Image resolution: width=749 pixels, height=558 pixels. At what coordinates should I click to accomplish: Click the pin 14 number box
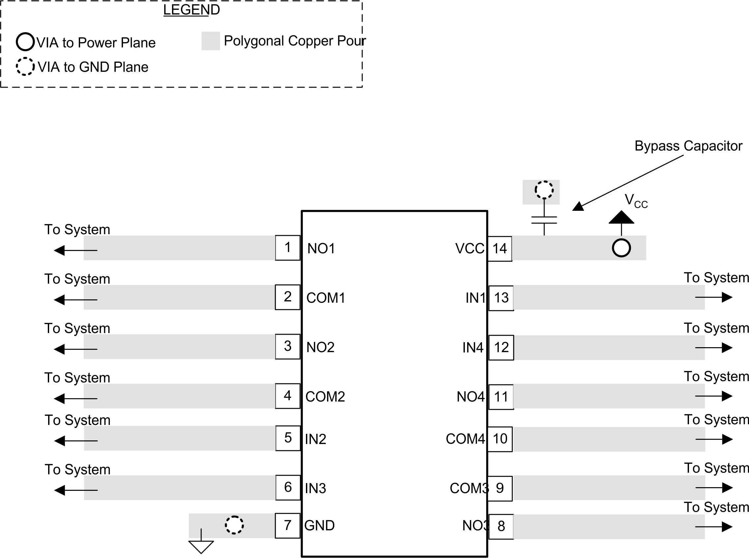pyautogui.click(x=499, y=249)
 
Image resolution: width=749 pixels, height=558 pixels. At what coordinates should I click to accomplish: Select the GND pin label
pyautogui.click(x=319, y=526)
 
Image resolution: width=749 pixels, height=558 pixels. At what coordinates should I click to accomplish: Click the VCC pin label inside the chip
pyautogui.click(x=469, y=249)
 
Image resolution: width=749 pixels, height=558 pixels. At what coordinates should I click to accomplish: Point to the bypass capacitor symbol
pyautogui.click(x=544, y=220)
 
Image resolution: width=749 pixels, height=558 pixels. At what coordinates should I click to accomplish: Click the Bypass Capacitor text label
pyautogui.click(x=688, y=146)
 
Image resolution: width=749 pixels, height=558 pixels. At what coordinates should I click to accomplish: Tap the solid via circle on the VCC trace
pyautogui.click(x=621, y=248)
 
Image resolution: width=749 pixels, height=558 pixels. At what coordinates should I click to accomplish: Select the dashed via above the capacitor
pyautogui.click(x=544, y=189)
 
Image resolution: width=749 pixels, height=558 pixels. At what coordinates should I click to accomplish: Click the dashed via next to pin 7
pyautogui.click(x=234, y=525)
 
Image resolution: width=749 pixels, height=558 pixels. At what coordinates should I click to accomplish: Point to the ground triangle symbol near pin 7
pyautogui.click(x=201, y=546)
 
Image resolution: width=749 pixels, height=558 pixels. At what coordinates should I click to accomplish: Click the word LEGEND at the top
pyautogui.click(x=191, y=10)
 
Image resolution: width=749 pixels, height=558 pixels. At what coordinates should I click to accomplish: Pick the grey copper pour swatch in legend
pyautogui.click(x=211, y=41)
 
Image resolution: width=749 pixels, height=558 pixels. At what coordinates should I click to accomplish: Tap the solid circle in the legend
pyautogui.click(x=25, y=42)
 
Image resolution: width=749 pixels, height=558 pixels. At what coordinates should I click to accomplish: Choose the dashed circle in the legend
pyautogui.click(x=25, y=67)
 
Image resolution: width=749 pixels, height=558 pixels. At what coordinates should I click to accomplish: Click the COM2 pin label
pyautogui.click(x=325, y=397)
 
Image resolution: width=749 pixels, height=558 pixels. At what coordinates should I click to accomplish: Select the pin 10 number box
pyautogui.click(x=500, y=439)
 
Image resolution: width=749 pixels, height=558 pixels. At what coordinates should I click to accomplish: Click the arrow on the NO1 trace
pyautogui.click(x=75, y=250)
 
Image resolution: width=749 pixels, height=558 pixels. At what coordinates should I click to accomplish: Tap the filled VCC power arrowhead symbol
pyautogui.click(x=621, y=218)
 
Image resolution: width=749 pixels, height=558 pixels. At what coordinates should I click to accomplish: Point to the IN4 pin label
pyautogui.click(x=472, y=348)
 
